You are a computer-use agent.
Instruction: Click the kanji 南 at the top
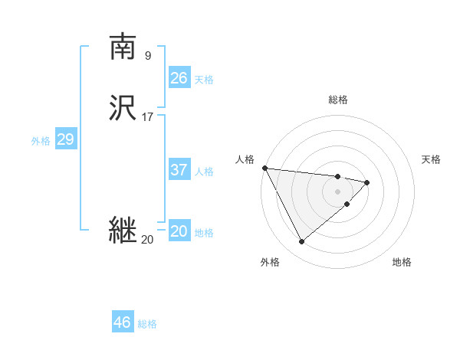(123, 47)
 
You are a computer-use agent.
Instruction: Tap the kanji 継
(123, 231)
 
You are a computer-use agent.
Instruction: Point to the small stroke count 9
(148, 55)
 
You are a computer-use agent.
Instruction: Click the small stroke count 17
(148, 117)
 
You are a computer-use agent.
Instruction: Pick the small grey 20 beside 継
(147, 240)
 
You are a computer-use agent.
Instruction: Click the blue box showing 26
(179, 77)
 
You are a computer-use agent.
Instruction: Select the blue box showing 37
(179, 170)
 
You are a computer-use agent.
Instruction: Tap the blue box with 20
(179, 231)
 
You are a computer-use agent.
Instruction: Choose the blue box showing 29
(66, 139)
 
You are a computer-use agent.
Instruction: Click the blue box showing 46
(123, 322)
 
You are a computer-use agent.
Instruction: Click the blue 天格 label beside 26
(204, 79)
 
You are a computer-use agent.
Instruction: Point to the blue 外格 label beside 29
(41, 141)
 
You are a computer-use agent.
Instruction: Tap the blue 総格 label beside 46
(147, 324)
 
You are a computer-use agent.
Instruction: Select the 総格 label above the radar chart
(338, 100)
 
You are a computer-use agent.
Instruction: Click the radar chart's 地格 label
(402, 262)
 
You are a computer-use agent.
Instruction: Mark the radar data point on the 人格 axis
(264, 168)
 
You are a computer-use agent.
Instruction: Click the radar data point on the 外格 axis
(301, 242)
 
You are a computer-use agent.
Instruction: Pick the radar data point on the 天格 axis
(367, 182)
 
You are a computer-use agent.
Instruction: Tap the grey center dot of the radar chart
(338, 191)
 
